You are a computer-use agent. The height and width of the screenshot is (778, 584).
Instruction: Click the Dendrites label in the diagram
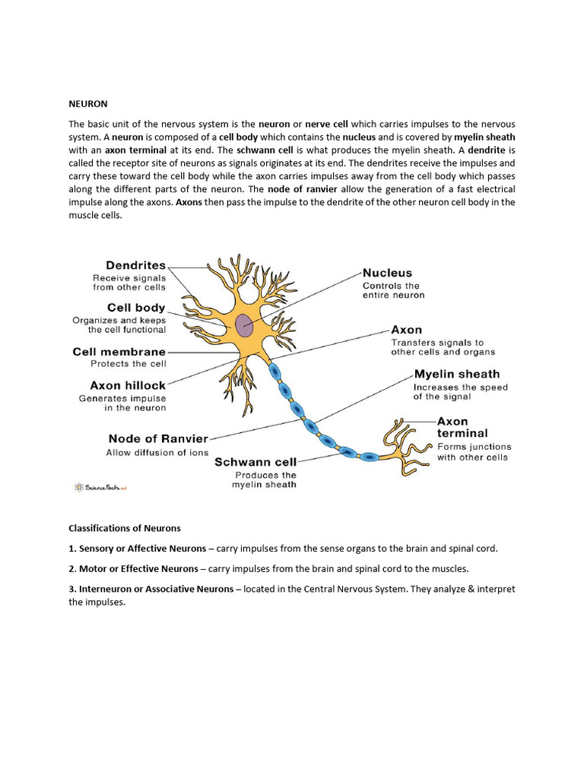coord(135,266)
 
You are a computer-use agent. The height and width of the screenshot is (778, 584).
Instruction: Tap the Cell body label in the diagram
coord(136,308)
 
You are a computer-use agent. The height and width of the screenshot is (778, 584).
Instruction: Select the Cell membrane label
coord(119,352)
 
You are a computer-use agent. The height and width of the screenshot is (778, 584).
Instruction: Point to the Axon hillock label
coord(128,385)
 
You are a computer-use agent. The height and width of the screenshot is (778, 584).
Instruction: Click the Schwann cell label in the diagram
coord(255,461)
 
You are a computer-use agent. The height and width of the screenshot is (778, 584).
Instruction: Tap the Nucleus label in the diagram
coord(387,273)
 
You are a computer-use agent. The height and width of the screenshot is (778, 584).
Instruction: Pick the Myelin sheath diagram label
coord(457,374)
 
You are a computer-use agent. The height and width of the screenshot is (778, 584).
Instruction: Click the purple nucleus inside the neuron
coord(244,324)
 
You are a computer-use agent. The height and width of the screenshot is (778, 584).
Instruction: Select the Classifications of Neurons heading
coord(125,528)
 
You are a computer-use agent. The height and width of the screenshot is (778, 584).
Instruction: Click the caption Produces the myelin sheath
coord(264,479)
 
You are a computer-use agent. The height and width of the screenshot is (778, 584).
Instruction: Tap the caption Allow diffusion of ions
coord(157,453)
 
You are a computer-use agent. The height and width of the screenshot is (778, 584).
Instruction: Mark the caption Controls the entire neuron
coord(393,290)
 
